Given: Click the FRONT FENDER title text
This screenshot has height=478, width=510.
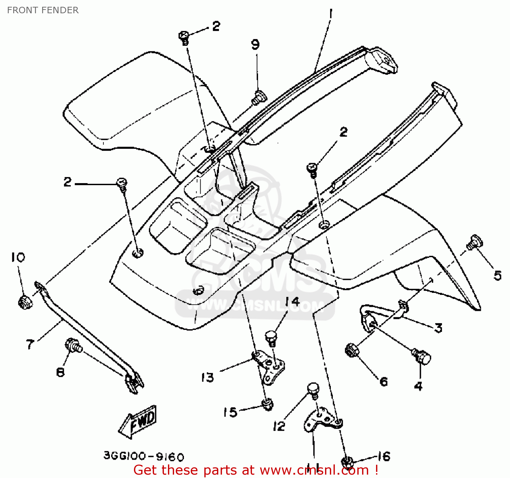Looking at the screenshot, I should (43, 10).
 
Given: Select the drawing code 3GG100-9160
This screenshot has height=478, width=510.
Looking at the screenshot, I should (143, 456).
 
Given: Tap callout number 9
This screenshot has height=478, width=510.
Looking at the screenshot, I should (255, 45).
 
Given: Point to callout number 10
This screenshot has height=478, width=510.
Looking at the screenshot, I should (18, 257).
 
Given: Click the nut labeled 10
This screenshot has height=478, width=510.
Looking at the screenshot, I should (24, 302).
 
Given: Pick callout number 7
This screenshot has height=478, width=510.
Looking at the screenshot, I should (30, 344).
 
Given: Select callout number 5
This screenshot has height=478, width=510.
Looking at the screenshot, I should (497, 275).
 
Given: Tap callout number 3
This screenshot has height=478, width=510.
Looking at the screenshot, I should (438, 328).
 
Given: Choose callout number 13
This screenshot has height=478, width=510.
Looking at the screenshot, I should (207, 377).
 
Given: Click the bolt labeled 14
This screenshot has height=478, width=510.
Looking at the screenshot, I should (271, 338).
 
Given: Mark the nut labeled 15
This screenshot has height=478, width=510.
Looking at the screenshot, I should (268, 404).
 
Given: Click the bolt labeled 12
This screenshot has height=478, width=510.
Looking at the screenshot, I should (313, 390).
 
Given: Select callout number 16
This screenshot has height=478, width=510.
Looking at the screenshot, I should (384, 456).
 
